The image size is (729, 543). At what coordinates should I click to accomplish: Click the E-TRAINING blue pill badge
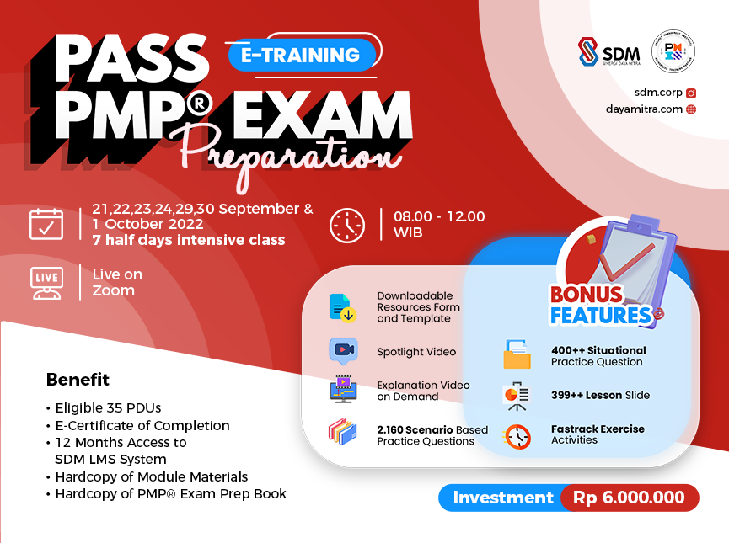301,56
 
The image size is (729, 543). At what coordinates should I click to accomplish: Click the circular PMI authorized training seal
673,51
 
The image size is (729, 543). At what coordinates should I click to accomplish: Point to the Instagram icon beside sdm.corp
691,93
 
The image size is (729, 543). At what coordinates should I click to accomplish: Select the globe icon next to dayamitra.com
691,109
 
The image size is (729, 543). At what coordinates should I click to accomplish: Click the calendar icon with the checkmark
46,224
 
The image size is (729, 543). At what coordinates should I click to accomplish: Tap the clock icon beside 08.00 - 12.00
346,225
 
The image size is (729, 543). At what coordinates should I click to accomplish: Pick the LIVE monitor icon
46,283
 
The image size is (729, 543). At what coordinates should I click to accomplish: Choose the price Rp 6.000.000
629,498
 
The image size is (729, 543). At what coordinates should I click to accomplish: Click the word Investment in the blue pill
503,498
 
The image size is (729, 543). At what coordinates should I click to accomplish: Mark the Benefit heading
78,380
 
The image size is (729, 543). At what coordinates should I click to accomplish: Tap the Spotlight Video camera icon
343,350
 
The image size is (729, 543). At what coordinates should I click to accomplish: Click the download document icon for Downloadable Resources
342,307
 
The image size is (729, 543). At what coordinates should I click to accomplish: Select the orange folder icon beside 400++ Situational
517,355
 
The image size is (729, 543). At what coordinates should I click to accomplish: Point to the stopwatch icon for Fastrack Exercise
517,435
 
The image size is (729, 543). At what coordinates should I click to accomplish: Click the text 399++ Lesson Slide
600,395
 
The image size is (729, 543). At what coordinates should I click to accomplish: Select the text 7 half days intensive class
189,240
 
